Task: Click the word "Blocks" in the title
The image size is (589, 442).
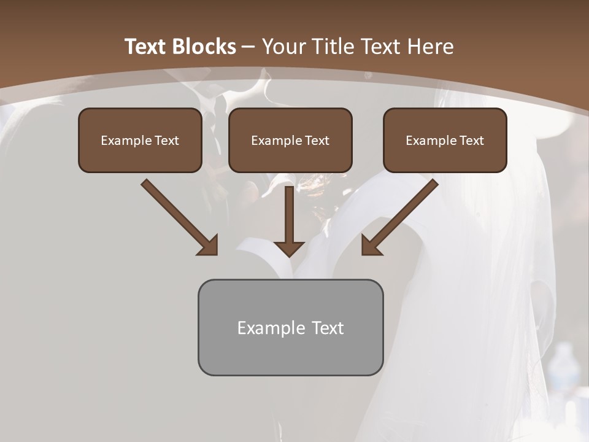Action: coord(204,47)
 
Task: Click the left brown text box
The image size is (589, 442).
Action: coord(140,140)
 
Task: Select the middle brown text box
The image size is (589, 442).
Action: coord(290,140)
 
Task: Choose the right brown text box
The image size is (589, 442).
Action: coord(445,140)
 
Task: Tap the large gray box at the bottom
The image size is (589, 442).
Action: coord(290,327)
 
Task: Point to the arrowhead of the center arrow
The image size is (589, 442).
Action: coord(290,248)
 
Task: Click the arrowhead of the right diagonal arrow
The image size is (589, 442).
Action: coord(371,246)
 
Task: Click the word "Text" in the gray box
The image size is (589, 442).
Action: coord(328,328)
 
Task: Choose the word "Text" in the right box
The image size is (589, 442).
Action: coord(471,141)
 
